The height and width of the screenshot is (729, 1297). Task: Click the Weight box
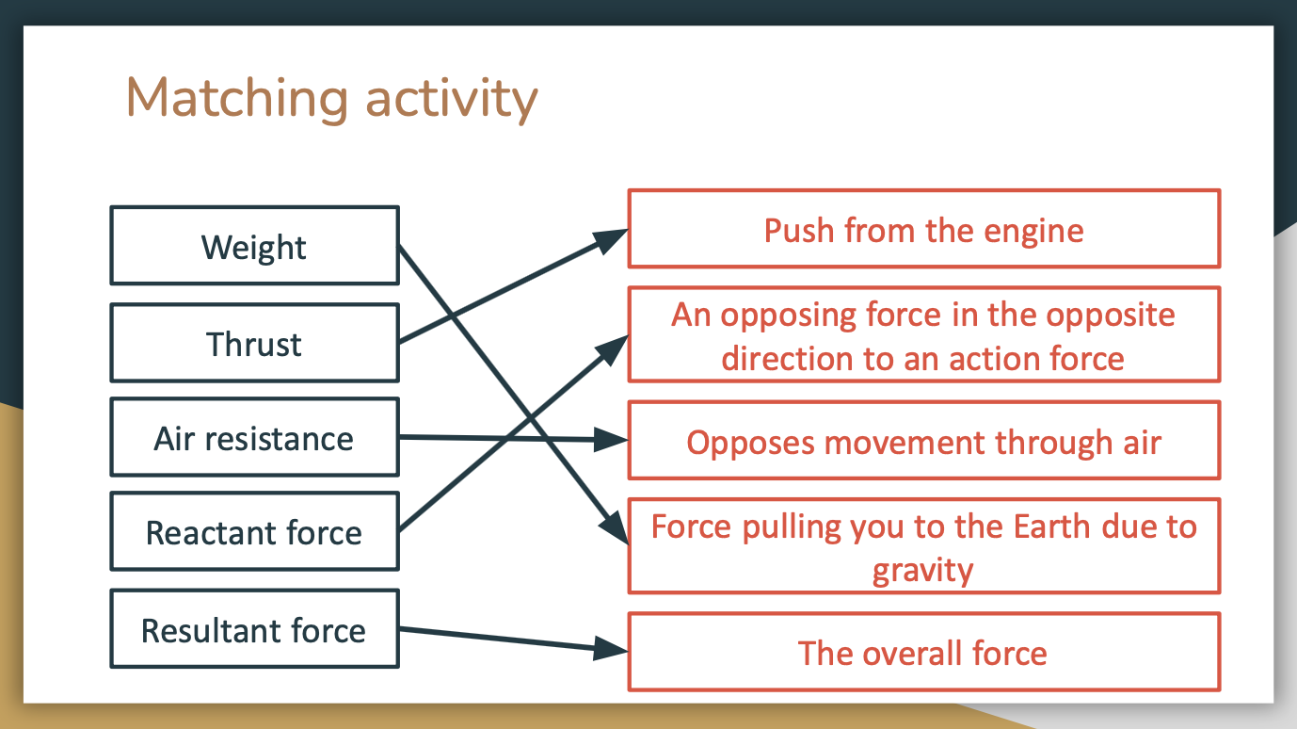coord(255,245)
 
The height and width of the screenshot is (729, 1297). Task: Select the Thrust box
coord(255,343)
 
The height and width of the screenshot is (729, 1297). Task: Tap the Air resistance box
coord(255,437)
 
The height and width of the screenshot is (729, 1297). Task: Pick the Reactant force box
coord(255,531)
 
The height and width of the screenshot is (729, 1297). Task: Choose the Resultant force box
coord(255,629)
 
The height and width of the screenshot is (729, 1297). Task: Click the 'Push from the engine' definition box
coord(924,228)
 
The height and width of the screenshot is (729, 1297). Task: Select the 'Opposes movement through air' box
coord(924,441)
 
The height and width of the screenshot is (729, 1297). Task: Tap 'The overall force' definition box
coord(924,652)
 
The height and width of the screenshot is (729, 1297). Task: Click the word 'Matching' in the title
coord(237,99)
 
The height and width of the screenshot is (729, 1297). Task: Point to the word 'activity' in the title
coord(452,100)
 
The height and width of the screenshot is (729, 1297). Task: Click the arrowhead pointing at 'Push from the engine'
coord(610,239)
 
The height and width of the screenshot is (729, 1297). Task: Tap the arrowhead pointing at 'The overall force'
coord(611,649)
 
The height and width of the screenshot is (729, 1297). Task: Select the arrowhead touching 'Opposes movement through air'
coord(611,440)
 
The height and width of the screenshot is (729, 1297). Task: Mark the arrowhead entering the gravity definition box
coord(615,526)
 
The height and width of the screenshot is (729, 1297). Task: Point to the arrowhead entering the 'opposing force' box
coord(613,349)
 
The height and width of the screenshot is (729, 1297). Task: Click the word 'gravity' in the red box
coord(923,571)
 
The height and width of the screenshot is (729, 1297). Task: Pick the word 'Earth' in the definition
coord(1052,526)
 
